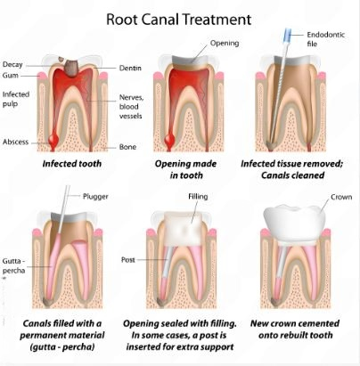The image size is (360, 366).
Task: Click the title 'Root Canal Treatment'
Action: coord(179,20)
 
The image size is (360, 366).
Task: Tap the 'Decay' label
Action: coord(12,65)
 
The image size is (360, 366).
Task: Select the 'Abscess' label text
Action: coord(15,142)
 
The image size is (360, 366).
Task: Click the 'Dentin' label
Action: coord(130,68)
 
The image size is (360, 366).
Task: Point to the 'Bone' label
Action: coord(127,147)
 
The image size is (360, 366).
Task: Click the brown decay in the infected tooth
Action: coord(71,68)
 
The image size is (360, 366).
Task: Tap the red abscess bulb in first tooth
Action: coord(53,138)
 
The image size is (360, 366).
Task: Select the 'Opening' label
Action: coord(225,44)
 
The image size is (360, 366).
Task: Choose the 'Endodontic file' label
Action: coord(326,39)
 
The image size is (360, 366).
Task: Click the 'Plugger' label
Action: coord(95,197)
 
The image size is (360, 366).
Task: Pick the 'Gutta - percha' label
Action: coord(13,265)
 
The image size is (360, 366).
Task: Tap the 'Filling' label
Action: coord(198,197)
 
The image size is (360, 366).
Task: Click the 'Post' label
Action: coord(128,260)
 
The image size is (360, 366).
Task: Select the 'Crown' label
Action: coord(341,197)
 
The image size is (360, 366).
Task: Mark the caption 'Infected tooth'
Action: coord(72,164)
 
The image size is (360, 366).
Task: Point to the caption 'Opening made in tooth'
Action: coord(186,169)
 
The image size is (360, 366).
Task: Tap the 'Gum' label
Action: coord(11,76)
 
